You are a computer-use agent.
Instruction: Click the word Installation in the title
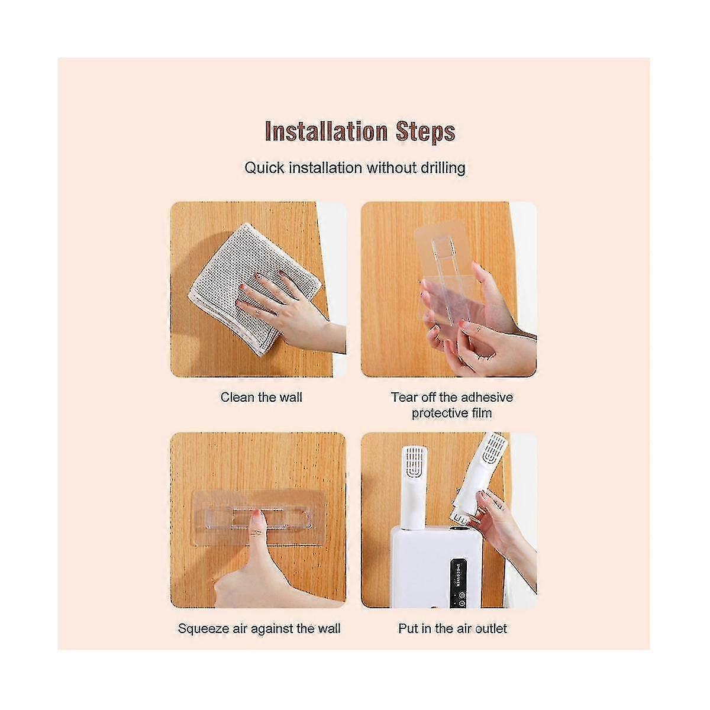(x=326, y=131)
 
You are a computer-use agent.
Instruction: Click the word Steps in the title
(x=425, y=132)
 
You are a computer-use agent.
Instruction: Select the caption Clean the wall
(x=262, y=397)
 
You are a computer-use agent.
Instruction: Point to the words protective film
(x=451, y=414)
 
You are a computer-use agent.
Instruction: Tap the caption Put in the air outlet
(x=453, y=628)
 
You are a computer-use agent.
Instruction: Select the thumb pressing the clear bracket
(x=254, y=553)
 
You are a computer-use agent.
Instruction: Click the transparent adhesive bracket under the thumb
(x=259, y=518)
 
